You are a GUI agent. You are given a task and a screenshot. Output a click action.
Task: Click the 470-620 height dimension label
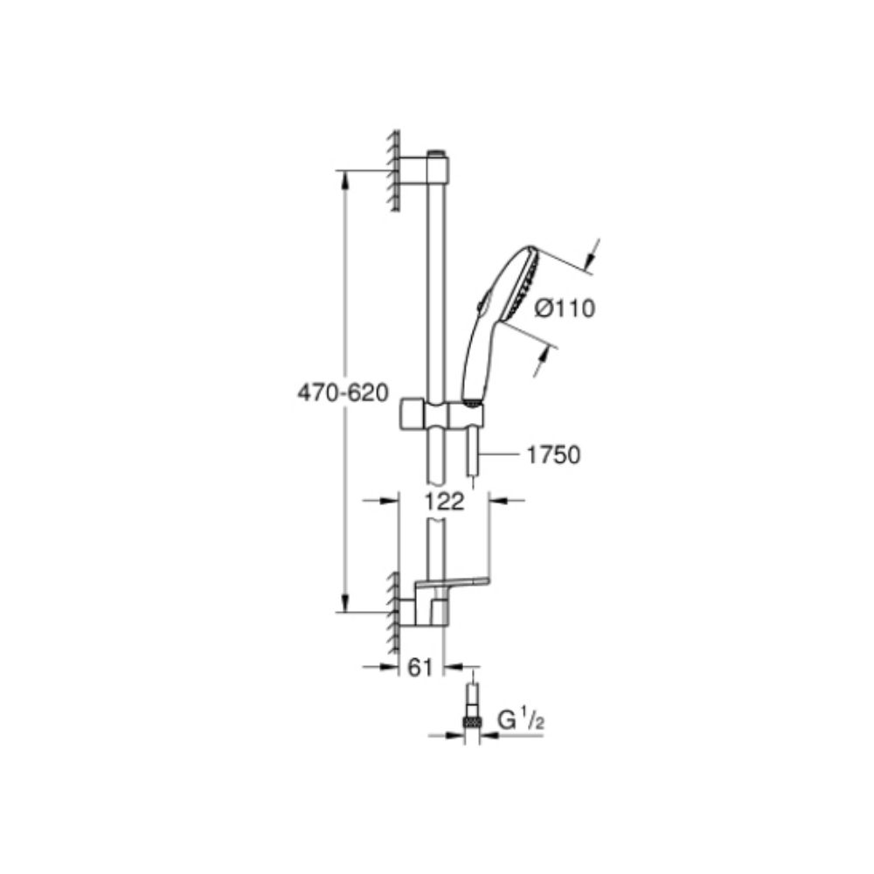[x=343, y=393]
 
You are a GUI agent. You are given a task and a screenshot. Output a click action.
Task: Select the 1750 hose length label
[x=553, y=454]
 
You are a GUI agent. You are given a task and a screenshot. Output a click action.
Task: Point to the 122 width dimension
[x=444, y=502]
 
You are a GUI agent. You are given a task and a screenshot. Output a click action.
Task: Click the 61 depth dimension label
[x=421, y=667]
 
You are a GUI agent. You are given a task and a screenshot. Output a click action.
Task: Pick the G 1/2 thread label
[x=521, y=721]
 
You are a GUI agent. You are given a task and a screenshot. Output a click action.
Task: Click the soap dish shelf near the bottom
[x=452, y=583]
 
